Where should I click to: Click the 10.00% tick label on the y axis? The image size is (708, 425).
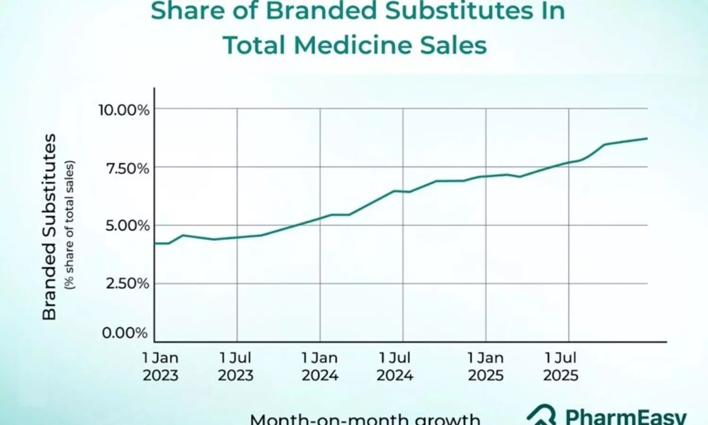[124, 110]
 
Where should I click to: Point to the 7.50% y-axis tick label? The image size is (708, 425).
[127, 168]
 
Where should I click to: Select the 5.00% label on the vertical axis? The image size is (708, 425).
[127, 226]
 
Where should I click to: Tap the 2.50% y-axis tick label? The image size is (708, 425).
[127, 284]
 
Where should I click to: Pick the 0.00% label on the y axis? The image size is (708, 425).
[125, 333]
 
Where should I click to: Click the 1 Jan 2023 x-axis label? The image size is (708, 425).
[160, 366]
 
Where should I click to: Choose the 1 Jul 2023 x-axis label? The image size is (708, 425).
[236, 366]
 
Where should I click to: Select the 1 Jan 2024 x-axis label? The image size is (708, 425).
[320, 366]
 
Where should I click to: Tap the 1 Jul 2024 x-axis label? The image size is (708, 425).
[395, 366]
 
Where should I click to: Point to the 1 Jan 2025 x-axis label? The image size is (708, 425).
[486, 366]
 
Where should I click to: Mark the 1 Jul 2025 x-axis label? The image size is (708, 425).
[561, 366]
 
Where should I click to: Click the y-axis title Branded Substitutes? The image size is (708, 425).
[50, 227]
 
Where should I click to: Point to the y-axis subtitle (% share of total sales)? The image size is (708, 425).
[70, 225]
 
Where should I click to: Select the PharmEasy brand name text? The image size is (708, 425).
[626, 416]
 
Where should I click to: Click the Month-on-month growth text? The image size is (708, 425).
[365, 419]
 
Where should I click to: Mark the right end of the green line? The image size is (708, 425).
[647, 138]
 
